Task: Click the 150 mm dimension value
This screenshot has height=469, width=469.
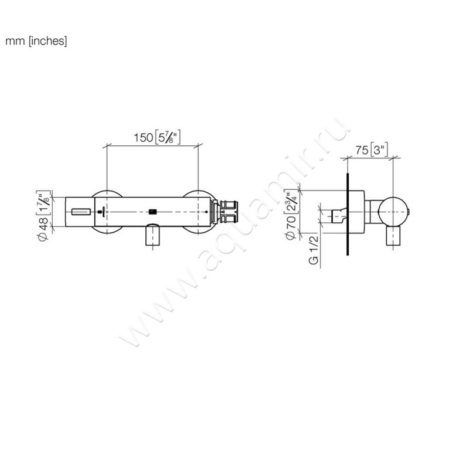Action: pos(143,138)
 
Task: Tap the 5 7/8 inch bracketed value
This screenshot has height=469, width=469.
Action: pos(168,137)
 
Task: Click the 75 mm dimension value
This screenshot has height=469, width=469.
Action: pos(362,150)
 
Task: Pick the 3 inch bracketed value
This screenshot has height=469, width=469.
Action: pos(379,149)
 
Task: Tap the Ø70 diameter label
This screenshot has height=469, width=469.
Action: pos(291,227)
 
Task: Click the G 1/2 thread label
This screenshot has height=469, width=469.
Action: pos(314,250)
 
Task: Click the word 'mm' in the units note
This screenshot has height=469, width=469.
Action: pos(15,41)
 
